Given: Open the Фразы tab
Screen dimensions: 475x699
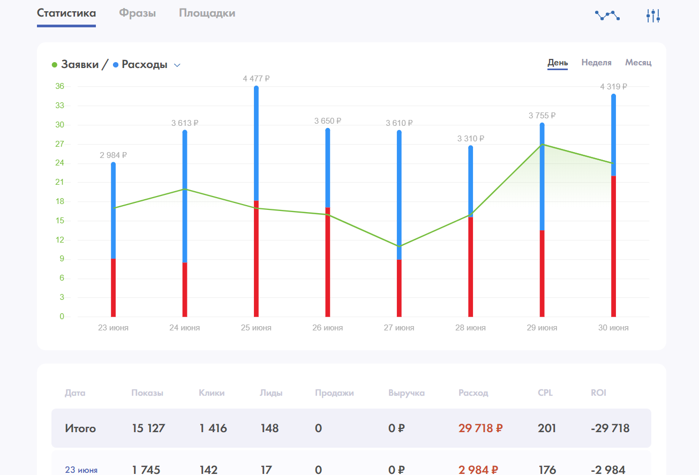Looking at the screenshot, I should tap(137, 13).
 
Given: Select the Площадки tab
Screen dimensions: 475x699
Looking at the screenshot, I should tap(207, 13).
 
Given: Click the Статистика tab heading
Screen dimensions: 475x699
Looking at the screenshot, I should tap(66, 13).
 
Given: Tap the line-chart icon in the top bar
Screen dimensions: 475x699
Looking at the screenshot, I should tap(607, 16).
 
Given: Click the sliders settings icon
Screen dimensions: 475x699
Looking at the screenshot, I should tap(653, 16).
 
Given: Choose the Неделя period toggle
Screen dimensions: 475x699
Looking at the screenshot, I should tap(596, 63).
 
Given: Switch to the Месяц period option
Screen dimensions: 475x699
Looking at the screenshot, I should tap(638, 63).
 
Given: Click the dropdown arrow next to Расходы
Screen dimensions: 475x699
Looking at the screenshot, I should tap(177, 65).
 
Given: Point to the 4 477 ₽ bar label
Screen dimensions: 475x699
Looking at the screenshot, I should tap(256, 79).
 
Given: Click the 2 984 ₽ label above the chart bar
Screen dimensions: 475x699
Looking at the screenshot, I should tap(113, 155).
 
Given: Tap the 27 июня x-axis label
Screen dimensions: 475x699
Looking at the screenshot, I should tap(399, 328).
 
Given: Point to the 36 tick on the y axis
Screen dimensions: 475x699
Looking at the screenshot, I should tap(59, 86).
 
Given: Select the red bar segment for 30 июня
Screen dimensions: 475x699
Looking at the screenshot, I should tap(613, 246).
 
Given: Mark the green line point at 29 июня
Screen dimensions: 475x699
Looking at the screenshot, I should tap(542, 145).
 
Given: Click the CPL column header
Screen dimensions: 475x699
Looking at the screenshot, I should tap(545, 393).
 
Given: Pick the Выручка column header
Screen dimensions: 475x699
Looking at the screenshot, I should tap(406, 393).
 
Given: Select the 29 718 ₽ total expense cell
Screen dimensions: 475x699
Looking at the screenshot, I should tap(480, 428).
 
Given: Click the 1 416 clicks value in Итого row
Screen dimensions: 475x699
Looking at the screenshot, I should tap(213, 428).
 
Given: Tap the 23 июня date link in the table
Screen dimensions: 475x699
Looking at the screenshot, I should tap(81, 470).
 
